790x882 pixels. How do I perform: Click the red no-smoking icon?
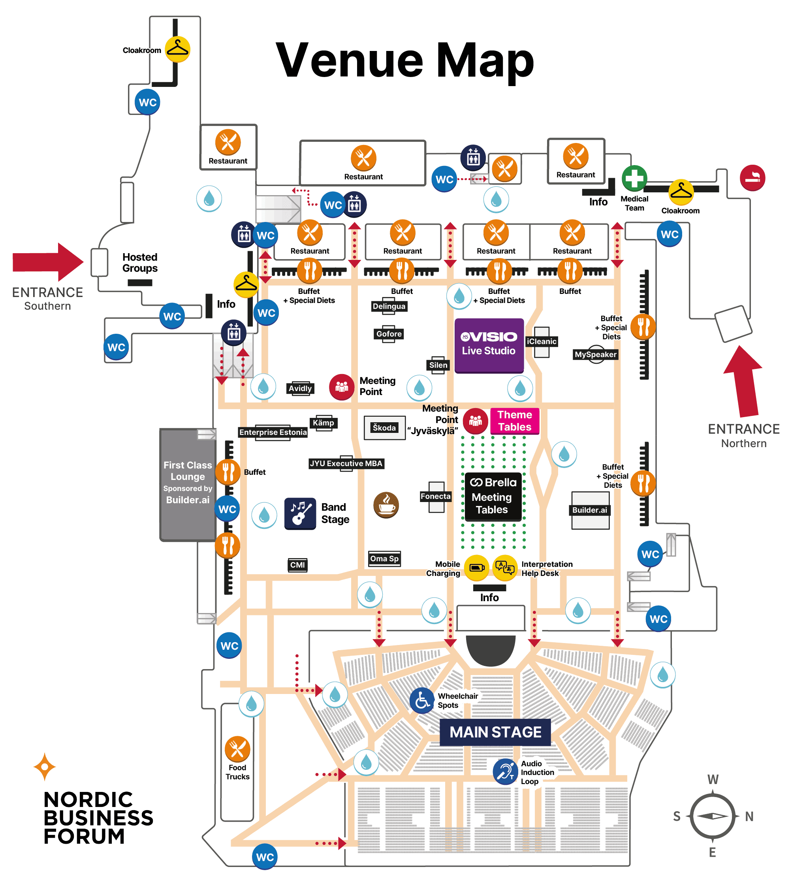coord(752,177)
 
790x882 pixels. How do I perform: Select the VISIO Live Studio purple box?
coord(489,346)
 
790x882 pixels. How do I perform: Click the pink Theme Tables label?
coord(515,421)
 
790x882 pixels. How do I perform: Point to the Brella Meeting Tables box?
coord(493,496)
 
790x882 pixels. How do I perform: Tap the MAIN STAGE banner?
coord(495,732)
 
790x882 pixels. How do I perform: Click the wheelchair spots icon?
coord(422,701)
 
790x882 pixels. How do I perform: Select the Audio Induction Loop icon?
coord(505,771)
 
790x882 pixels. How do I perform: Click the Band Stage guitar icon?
coord(300,513)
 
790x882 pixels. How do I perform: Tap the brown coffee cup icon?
coord(386,505)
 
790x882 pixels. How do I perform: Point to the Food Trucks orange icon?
coord(237,749)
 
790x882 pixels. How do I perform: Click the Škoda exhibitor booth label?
coord(384,427)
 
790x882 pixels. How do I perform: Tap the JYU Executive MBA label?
coord(346,463)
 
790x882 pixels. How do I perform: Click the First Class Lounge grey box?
coord(188,484)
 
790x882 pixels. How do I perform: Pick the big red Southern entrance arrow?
coord(48,262)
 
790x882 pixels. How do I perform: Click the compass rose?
coord(713,816)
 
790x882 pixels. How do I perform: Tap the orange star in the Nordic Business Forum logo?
coord(45,767)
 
